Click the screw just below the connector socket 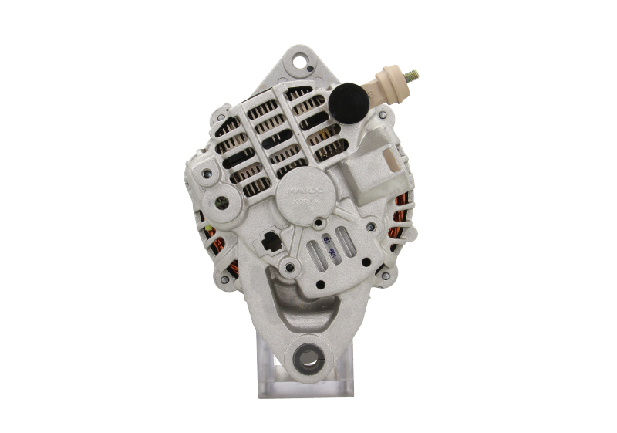[x=288, y=268]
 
